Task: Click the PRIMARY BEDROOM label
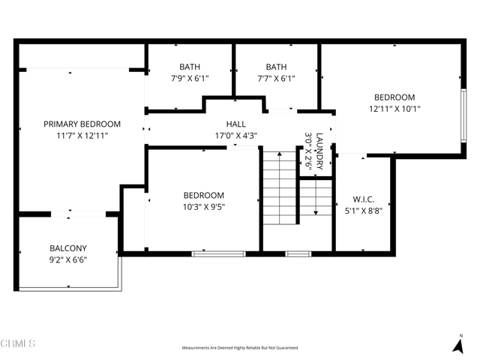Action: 82,124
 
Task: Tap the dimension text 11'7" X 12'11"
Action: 82,136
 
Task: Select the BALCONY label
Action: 68,248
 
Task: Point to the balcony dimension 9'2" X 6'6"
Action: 68,260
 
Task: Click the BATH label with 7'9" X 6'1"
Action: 190,66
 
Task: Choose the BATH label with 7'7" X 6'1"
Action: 276,66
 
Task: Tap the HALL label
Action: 236,124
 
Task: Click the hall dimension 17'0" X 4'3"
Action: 236,136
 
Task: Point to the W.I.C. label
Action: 363,199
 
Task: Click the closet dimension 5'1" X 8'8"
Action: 363,211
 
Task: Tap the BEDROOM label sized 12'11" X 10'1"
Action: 394,97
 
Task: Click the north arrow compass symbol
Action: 458,344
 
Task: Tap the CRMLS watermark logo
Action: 18,344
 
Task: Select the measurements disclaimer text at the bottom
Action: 240,348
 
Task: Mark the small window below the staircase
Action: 298,253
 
